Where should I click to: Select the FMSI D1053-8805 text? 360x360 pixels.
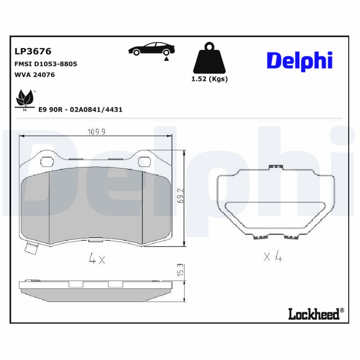coord(46,64)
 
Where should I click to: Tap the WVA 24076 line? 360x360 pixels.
coord(35,75)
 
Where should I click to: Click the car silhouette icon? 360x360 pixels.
coord(152,49)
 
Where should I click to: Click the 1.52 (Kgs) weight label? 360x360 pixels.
coord(210,79)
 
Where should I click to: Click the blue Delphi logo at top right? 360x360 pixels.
coord(299,61)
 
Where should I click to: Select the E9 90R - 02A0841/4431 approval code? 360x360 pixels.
coord(81,109)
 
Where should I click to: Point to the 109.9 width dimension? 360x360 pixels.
coord(95,132)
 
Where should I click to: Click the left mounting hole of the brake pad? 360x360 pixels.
coord(46,161)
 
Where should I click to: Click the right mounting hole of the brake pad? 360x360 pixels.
coord(144,161)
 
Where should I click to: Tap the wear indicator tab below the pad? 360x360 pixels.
coord(32,248)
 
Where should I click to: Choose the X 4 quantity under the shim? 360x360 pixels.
coord(273,257)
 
